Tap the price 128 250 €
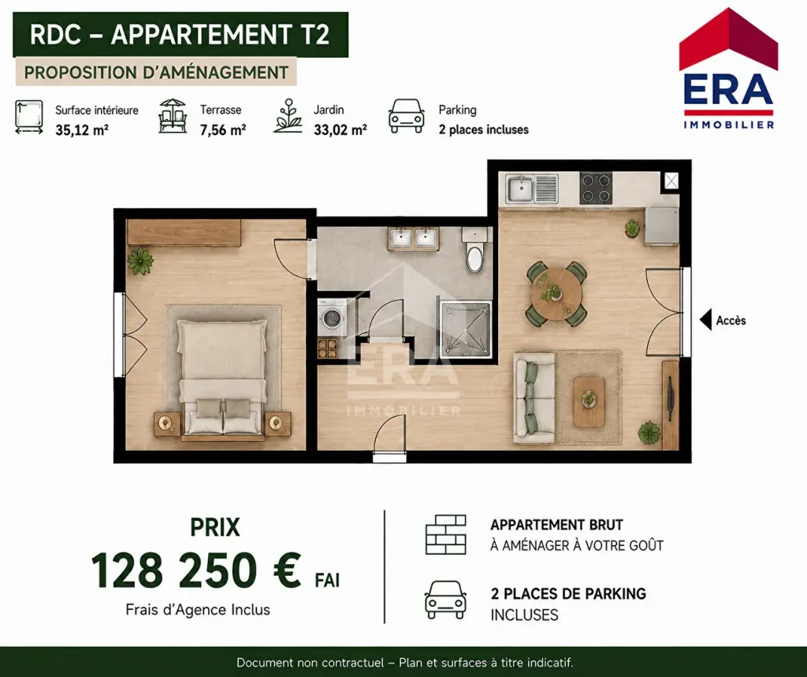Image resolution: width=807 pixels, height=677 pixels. pos(196,570)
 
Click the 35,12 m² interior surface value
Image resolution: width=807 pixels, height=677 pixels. pos(82,130)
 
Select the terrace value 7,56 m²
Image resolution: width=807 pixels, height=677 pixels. pos(223,130)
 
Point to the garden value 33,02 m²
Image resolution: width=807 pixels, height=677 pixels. pos(340,130)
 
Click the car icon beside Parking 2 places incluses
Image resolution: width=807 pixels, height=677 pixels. pos(407,117)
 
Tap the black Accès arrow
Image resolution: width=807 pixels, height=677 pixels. pos(705,320)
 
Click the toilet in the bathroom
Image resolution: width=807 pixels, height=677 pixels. pos(474,249)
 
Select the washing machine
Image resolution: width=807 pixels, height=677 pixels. pos(333,316)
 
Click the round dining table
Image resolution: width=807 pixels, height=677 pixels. pos(556,294)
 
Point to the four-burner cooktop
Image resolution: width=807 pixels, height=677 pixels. pos(596,188)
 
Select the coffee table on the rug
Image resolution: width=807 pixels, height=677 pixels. pos(589,402)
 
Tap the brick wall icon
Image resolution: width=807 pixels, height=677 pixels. pos(446,534)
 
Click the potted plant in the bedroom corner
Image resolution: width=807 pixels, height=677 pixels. pos(140,261)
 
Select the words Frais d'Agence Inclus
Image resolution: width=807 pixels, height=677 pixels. pos(198,609)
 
